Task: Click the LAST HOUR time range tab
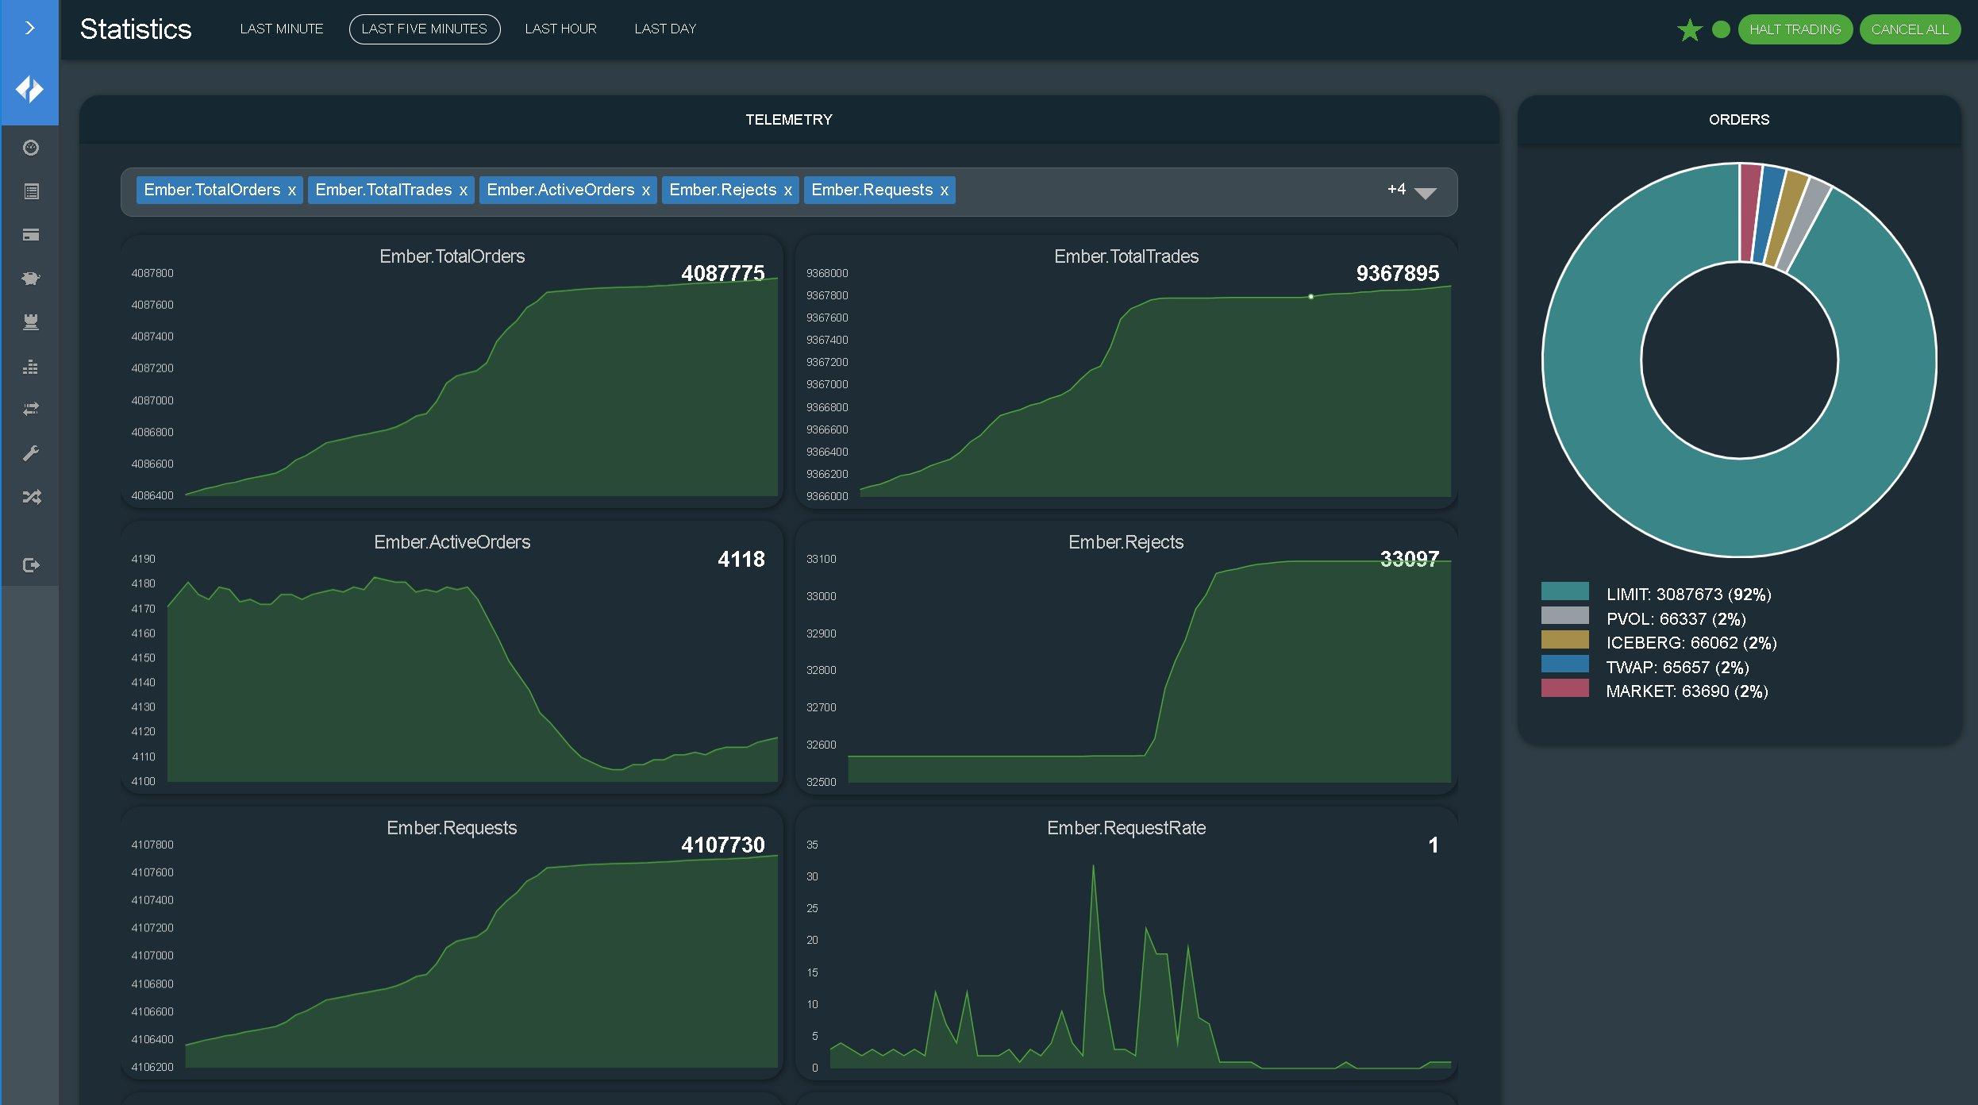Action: (x=560, y=29)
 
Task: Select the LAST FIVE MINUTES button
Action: (x=425, y=29)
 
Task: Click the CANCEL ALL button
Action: (x=1909, y=29)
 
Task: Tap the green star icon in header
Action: (x=1689, y=30)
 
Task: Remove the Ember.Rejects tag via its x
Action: (x=787, y=191)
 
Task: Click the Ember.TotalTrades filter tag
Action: (x=383, y=190)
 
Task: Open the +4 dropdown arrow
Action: (x=1426, y=193)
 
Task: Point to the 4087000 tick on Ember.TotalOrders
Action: (x=152, y=401)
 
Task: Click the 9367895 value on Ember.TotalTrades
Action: (x=1397, y=274)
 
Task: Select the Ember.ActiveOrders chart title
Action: (x=452, y=542)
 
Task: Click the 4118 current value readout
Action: (x=741, y=560)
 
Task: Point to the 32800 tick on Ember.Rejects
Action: (x=821, y=670)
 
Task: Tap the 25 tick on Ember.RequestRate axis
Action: (x=812, y=908)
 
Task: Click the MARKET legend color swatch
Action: (x=1564, y=688)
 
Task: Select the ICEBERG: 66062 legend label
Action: (x=1691, y=643)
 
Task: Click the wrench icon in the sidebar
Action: (x=31, y=453)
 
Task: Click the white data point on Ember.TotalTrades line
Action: (x=1310, y=297)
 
